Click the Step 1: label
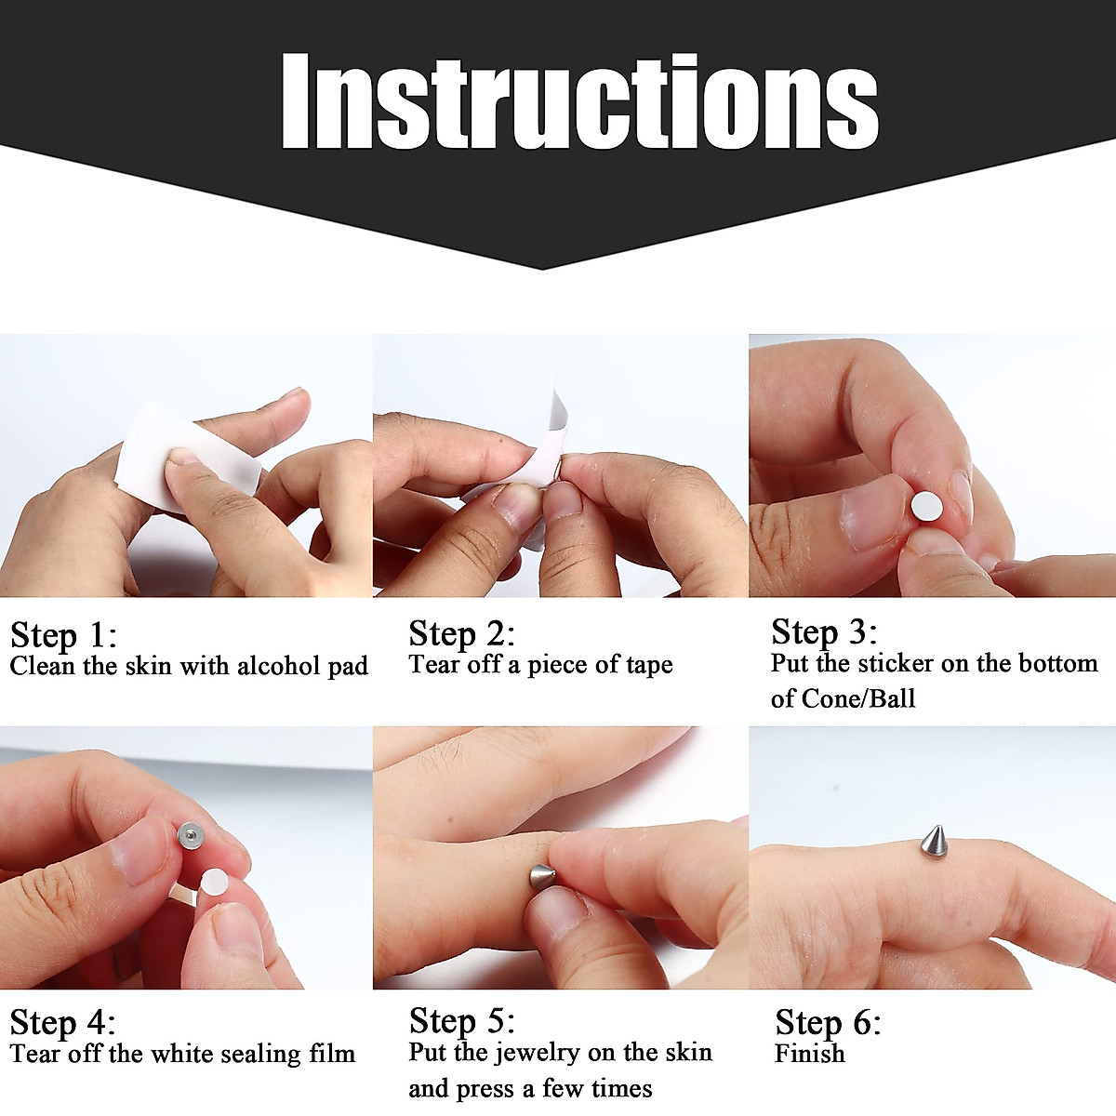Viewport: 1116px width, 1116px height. (63, 635)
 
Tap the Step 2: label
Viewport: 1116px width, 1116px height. (461, 633)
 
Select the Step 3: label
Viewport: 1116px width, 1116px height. (824, 631)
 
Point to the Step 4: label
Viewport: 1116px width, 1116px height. (63, 1022)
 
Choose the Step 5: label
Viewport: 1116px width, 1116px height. (461, 1020)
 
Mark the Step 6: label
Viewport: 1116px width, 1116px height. (828, 1022)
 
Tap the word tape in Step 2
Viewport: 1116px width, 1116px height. (648, 665)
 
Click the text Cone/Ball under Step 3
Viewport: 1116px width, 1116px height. (858, 698)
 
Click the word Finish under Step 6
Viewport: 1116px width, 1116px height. (810, 1054)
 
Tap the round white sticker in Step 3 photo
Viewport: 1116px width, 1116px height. (925, 507)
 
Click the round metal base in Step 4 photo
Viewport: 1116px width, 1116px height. (190, 834)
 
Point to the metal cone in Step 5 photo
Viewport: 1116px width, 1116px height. (541, 878)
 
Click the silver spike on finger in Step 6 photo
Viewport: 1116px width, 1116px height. (934, 841)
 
